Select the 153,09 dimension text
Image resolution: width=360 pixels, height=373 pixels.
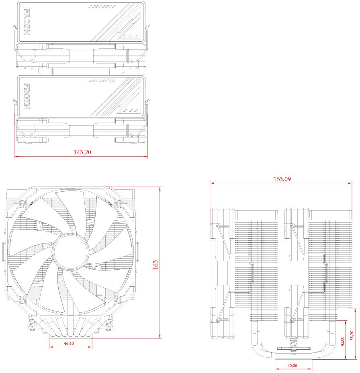282,179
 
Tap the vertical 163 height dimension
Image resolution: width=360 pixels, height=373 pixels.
155,264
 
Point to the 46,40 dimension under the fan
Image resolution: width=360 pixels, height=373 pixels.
69,344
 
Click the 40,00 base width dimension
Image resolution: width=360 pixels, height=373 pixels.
292,365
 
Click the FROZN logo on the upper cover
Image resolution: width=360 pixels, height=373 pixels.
27,22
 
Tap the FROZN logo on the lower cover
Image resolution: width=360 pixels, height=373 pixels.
27,96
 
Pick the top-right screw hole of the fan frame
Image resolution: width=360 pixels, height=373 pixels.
118,203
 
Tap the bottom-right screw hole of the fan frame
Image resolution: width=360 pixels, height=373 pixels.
118,301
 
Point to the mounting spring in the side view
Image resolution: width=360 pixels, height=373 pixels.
293,343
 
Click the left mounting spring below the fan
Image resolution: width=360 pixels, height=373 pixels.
31,322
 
